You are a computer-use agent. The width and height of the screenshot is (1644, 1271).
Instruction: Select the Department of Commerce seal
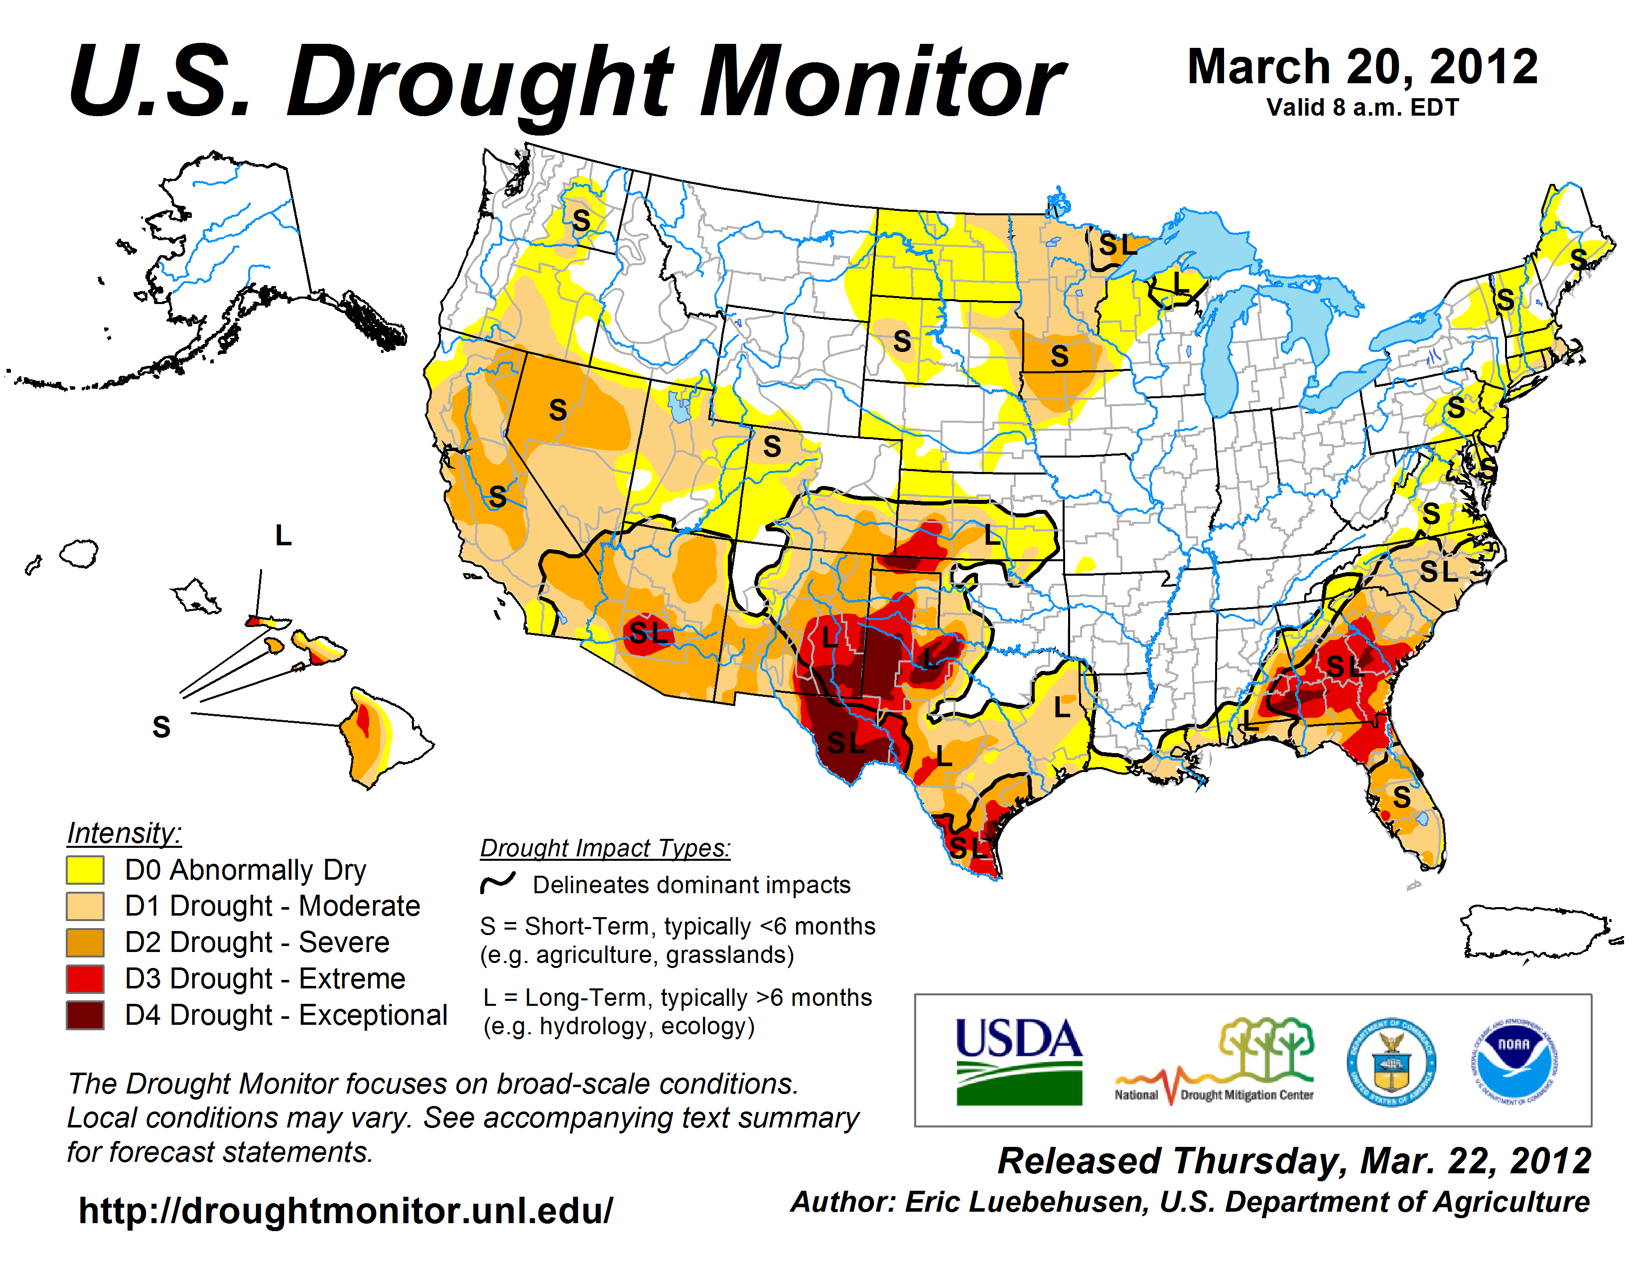coord(1391,1062)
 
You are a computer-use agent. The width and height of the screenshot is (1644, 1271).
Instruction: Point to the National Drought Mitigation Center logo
coord(1214,1062)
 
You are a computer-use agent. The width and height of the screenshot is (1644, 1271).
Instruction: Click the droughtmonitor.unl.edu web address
coord(346,1211)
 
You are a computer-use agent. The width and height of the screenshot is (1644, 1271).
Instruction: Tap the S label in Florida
coord(1401,796)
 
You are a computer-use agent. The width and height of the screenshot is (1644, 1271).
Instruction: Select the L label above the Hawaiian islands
coord(283,535)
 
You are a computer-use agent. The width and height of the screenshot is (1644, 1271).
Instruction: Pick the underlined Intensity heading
coord(124,833)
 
